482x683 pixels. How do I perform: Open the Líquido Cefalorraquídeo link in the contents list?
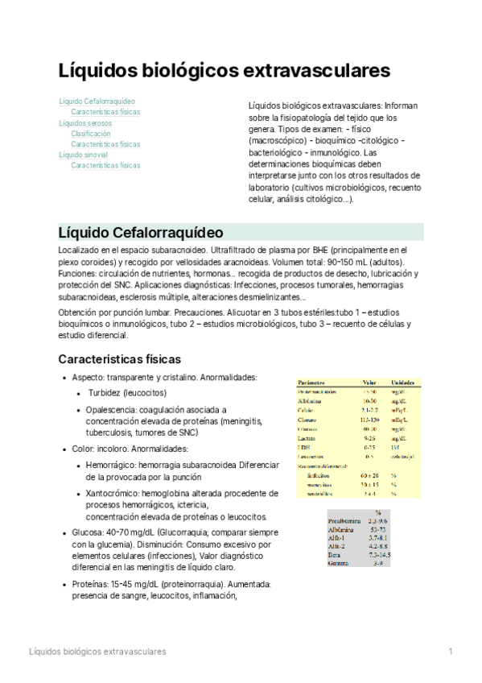pyautogui.click(x=97, y=101)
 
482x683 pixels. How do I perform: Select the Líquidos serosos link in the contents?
pyautogui.click(x=85, y=122)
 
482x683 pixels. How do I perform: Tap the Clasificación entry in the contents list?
pyautogui.click(x=91, y=133)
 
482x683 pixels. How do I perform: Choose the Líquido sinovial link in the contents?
pyautogui.click(x=84, y=154)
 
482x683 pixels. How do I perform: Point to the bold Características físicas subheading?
pyautogui.click(x=119, y=358)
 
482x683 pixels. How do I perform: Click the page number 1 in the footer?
pyautogui.click(x=451, y=650)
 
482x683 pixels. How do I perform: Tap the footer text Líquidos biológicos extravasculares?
pyautogui.click(x=97, y=650)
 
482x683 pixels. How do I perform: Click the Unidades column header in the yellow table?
pyautogui.click(x=404, y=383)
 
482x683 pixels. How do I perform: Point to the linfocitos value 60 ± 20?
pyautogui.click(x=370, y=475)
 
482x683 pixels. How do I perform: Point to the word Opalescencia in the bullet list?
pyautogui.click(x=111, y=410)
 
